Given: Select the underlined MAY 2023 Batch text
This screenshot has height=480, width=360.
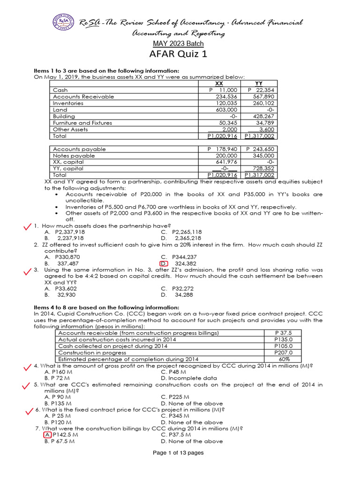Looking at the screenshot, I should coord(179,44).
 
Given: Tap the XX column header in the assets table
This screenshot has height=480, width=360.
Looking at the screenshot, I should coord(218,83).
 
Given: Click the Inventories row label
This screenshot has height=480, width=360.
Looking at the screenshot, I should coord(68,103).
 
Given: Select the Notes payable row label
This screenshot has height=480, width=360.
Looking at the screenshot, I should coord(74,156).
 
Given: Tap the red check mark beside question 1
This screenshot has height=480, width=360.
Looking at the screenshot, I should coord(28,226).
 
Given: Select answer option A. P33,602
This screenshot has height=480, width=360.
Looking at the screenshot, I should coord(62,289).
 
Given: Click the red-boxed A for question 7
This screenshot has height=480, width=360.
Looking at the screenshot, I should coord(48,435).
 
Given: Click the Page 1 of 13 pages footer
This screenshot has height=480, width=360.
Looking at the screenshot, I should coord(179,453).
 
